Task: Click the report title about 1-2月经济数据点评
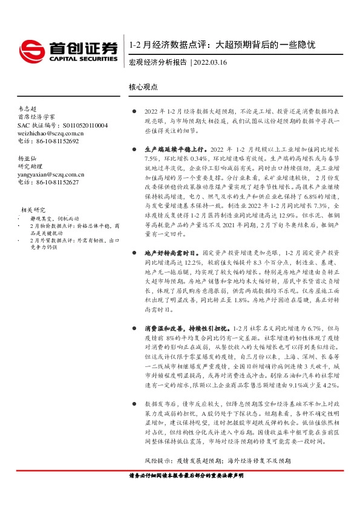[222, 45]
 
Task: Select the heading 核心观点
[143, 87]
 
